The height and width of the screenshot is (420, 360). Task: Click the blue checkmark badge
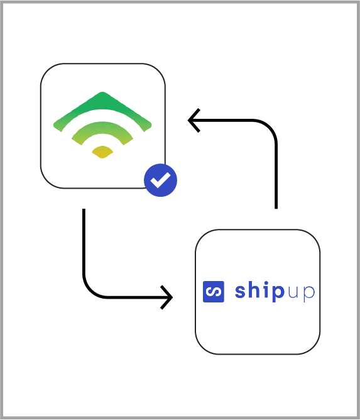tap(160, 180)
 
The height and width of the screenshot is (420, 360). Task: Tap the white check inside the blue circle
tap(160, 180)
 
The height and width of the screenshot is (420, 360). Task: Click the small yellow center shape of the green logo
tap(102, 152)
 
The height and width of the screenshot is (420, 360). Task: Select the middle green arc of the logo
tap(102, 128)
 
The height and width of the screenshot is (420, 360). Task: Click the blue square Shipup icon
tap(214, 292)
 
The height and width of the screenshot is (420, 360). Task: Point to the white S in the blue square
tap(214, 292)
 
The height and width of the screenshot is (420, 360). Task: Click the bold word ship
tap(259, 291)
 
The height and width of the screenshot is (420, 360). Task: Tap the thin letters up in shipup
tap(301, 294)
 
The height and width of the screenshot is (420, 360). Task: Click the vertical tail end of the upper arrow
tap(276, 207)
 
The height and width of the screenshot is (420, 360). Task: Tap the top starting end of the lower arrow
tap(84, 210)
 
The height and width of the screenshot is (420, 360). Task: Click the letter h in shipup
tap(254, 290)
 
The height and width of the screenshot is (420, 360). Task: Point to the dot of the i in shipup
tap(265, 283)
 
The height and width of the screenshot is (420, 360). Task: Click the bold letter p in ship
tap(277, 294)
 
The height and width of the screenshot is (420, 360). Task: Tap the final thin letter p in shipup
tap(309, 294)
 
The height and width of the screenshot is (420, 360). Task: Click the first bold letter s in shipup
tap(241, 292)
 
